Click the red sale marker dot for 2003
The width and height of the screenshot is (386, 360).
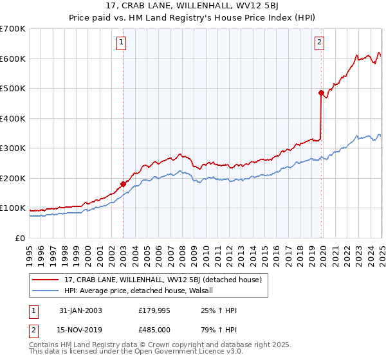tap(123, 184)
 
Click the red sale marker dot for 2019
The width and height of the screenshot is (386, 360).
tap(321, 93)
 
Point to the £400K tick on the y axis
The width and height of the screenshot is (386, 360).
tap(13, 118)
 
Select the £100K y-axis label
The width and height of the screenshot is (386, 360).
tap(13, 208)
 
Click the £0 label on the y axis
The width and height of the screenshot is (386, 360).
tap(19, 238)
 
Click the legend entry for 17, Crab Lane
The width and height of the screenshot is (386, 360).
tap(162, 280)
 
